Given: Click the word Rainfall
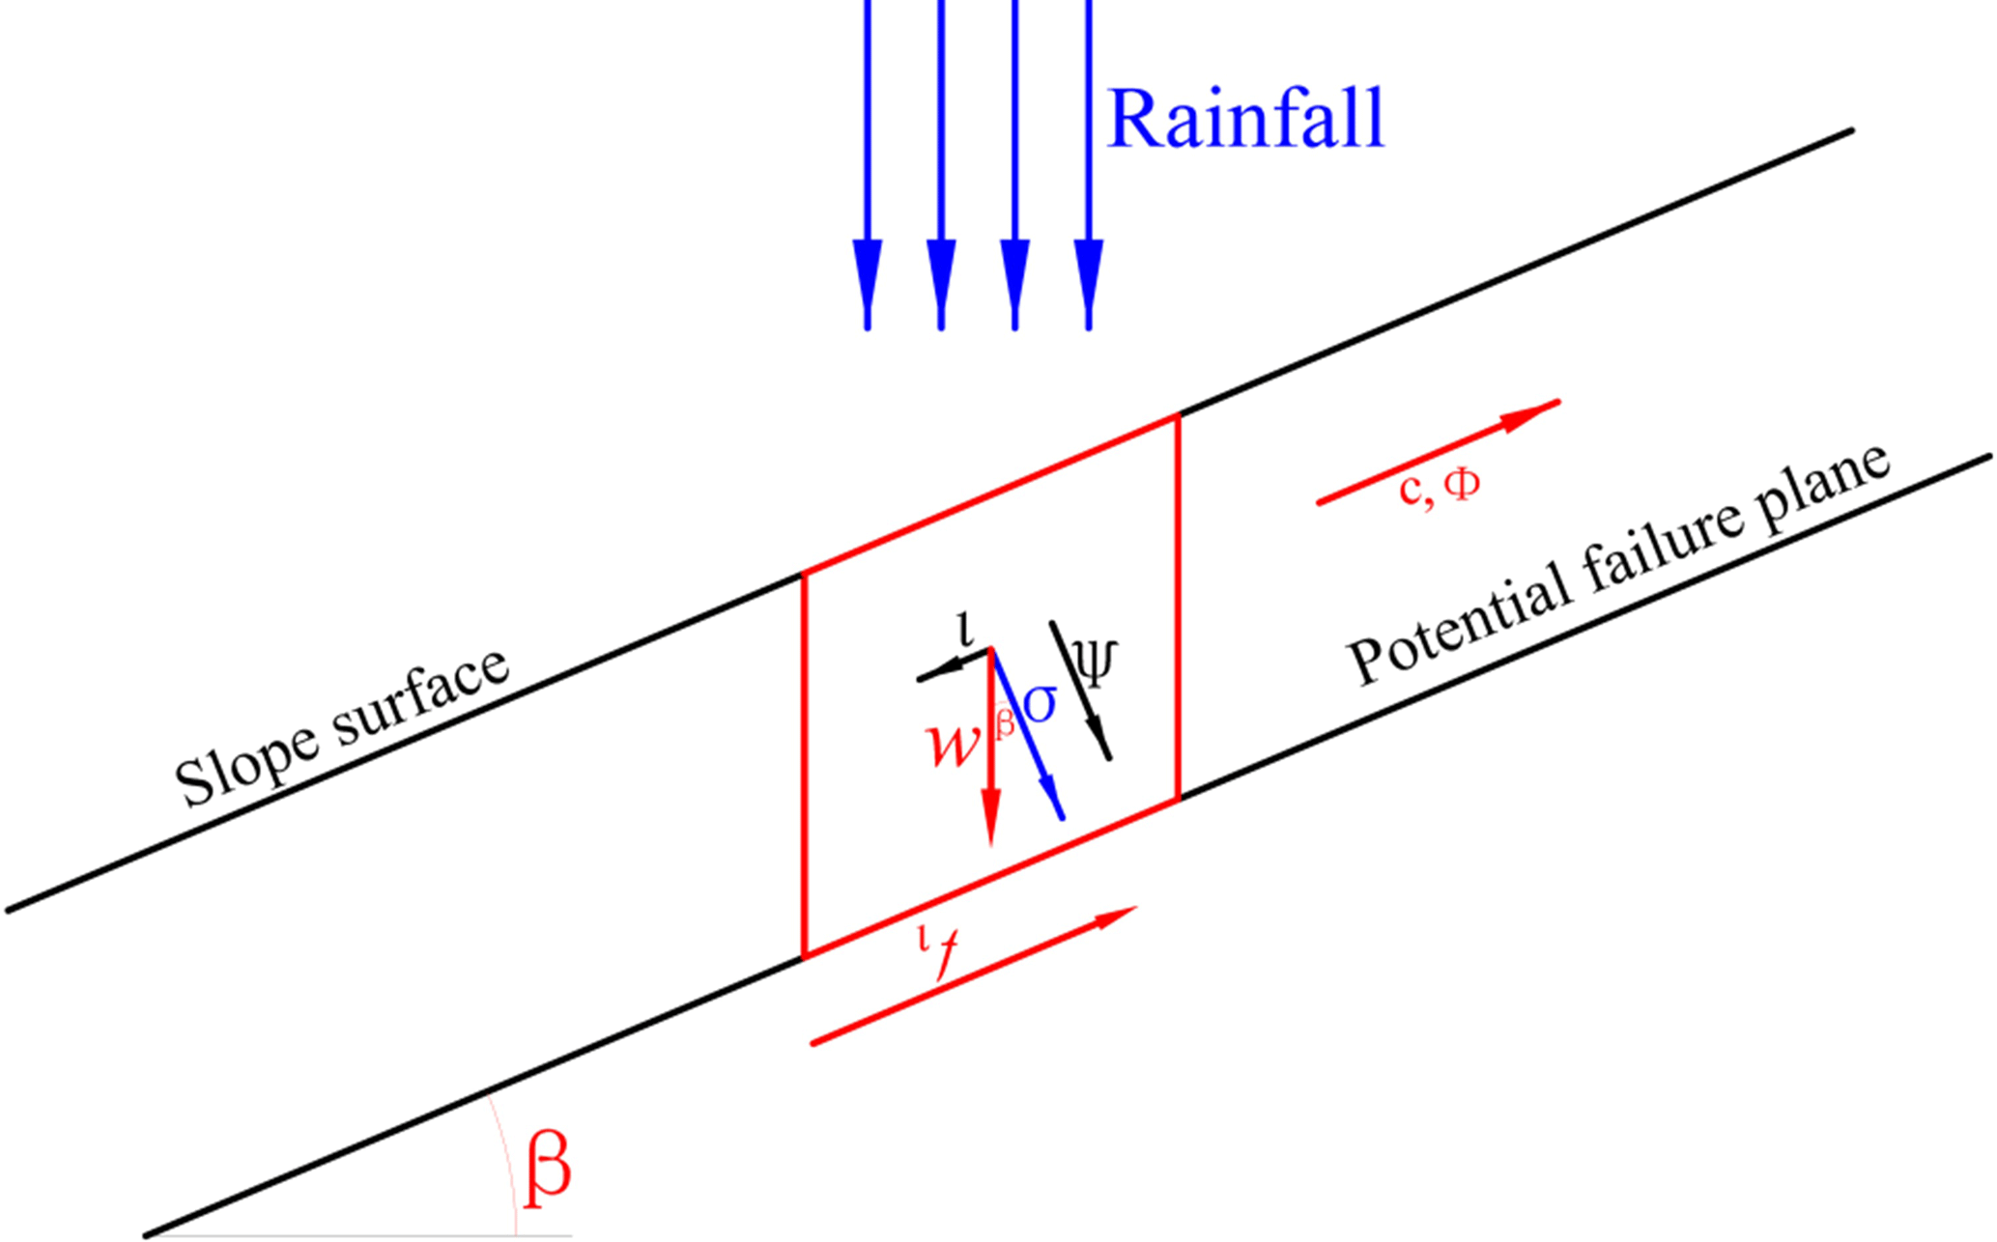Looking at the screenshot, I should (1245, 119).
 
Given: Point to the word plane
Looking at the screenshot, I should (1826, 489).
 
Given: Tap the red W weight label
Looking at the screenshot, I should (951, 744).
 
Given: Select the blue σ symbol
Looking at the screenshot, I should (1040, 704).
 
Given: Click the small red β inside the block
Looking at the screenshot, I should (1005, 722).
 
